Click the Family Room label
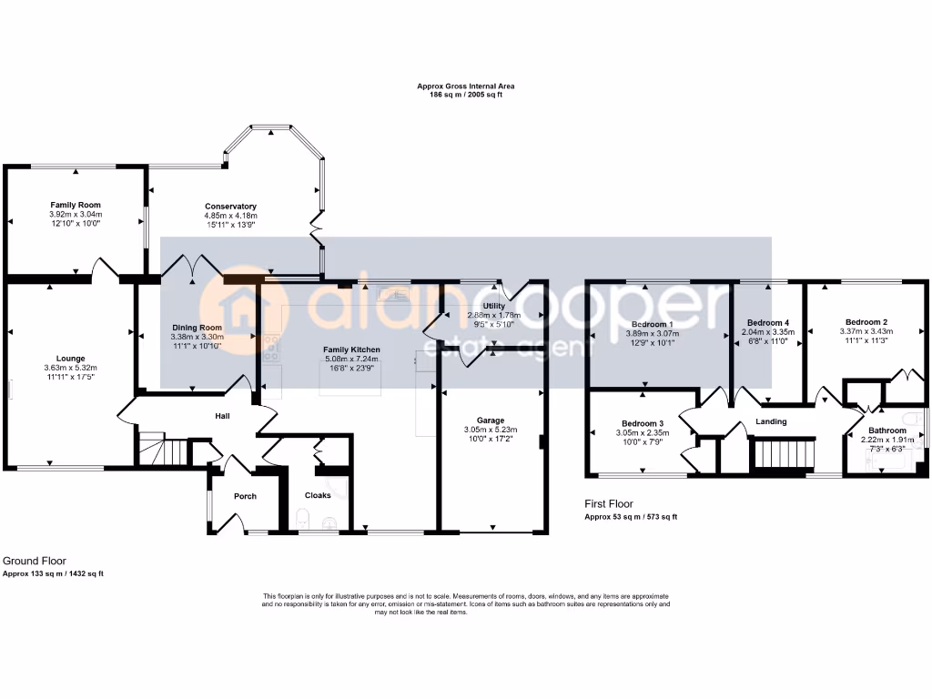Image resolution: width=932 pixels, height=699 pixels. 76,205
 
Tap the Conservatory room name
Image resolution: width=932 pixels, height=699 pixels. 230,207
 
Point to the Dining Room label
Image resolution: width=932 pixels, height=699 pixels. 198,328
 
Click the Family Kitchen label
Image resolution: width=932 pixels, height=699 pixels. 352,349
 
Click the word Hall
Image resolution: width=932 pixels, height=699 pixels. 223,416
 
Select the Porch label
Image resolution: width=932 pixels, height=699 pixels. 245,496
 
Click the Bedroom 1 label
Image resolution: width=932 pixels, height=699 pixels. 652,324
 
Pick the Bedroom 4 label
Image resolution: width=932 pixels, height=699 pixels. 768,323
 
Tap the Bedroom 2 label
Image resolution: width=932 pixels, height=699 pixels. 866,322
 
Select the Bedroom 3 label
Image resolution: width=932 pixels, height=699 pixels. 643,424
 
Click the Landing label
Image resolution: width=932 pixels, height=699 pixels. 772,421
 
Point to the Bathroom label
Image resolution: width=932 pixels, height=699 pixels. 886,431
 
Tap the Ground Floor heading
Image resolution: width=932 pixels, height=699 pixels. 35,562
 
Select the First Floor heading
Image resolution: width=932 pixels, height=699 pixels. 609,503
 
